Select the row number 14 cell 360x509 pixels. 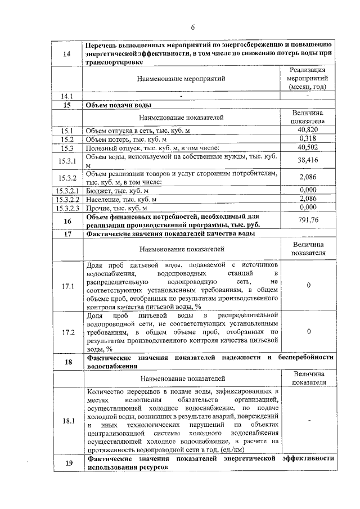[67, 53]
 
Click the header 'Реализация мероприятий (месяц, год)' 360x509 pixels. [308, 79]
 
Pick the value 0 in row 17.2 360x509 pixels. [308, 332]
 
